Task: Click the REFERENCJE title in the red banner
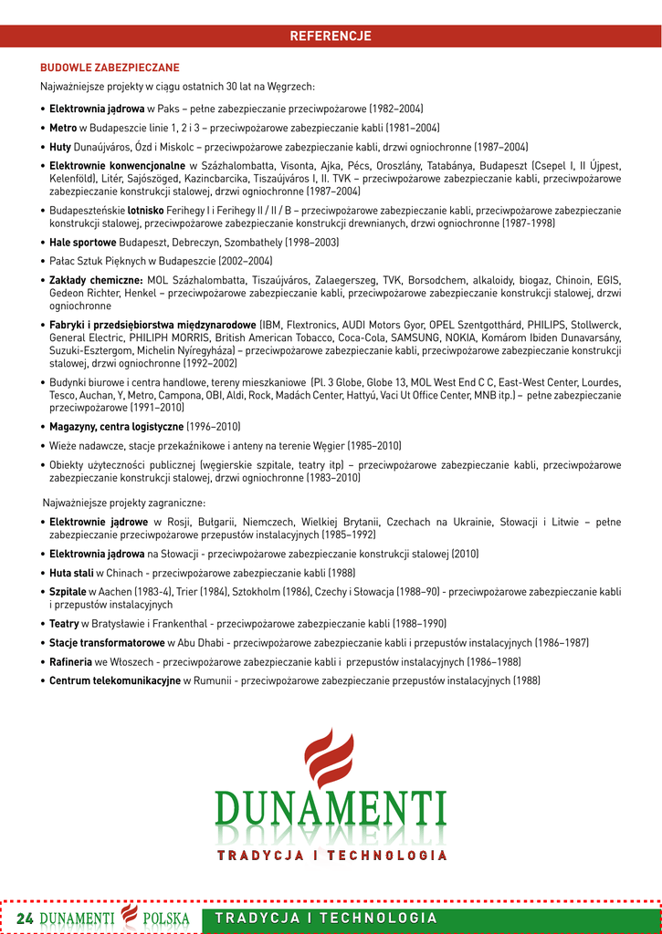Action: [331, 36]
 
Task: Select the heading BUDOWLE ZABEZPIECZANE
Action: [110, 67]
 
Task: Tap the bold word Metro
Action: [63, 128]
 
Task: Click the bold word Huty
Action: [60, 147]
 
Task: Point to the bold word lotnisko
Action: [145, 210]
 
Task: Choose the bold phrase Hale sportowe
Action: [82, 243]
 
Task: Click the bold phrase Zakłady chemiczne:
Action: [96, 280]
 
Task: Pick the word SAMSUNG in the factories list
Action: [415, 337]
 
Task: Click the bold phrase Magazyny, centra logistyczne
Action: [116, 427]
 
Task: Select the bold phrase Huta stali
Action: [71, 573]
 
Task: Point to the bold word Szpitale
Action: [68, 592]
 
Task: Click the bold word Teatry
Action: [64, 624]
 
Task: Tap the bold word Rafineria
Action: [71, 661]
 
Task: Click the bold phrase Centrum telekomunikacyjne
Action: [114, 680]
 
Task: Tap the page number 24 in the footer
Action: [25, 918]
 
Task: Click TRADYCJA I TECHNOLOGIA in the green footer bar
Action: [326, 918]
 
